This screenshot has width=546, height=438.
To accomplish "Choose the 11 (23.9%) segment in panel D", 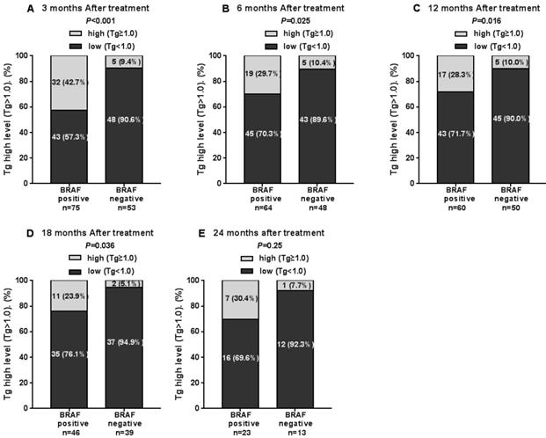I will [66, 298].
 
